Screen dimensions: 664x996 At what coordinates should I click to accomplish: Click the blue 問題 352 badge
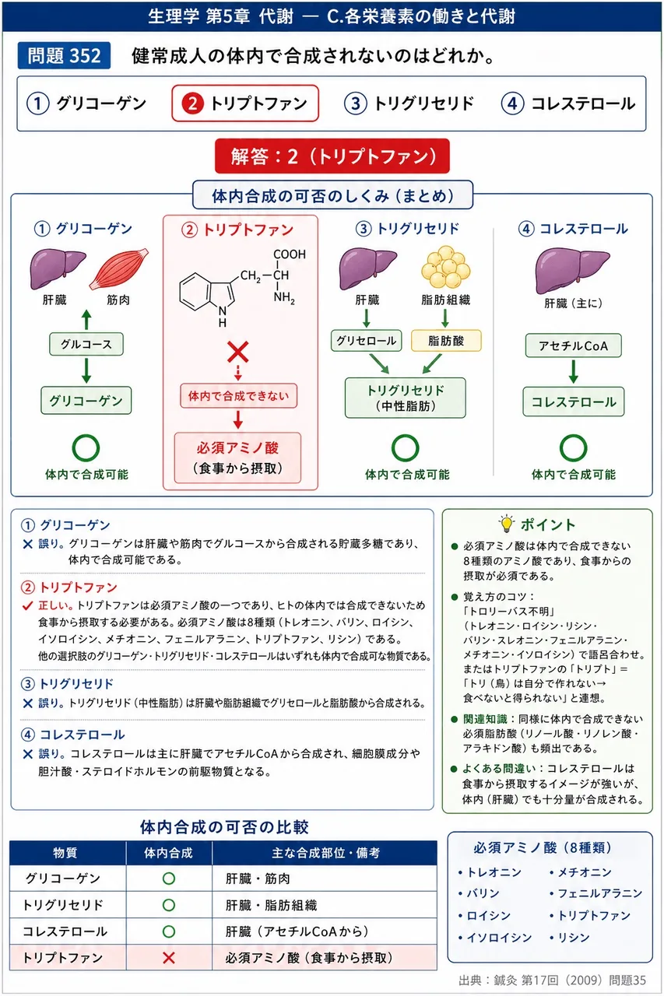64,55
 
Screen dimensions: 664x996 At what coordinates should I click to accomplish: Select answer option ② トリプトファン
245,103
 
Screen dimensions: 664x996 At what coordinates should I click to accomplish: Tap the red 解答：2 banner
332,156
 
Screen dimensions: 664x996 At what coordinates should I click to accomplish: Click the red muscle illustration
119,268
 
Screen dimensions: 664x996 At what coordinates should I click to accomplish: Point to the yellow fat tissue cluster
445,267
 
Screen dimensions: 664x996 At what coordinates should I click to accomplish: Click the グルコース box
86,344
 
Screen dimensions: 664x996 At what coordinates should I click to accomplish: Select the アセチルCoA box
573,345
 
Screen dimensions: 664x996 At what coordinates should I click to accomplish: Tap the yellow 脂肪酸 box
446,341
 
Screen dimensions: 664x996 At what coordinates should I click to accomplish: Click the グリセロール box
366,341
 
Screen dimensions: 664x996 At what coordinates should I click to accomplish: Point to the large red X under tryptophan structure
238,352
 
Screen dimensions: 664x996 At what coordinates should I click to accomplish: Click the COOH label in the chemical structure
290,254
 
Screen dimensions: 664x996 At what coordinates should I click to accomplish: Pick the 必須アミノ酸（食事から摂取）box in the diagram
237,458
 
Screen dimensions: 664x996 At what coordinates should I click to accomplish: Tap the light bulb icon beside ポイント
506,524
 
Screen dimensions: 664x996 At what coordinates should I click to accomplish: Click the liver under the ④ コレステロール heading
572,270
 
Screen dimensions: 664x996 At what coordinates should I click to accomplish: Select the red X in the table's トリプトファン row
169,958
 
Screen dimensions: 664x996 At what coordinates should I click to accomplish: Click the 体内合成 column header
169,853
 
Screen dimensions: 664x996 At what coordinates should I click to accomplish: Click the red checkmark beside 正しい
27,605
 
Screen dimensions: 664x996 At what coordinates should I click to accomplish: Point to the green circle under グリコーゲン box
86,447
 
